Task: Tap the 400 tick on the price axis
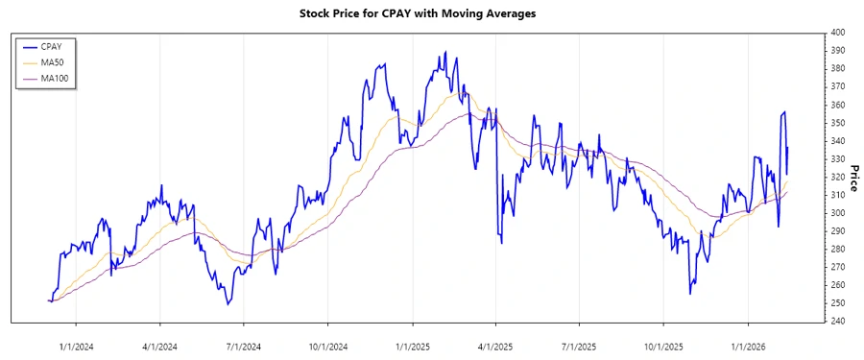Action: [837, 33]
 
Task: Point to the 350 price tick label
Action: [837, 123]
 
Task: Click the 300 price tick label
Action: [837, 213]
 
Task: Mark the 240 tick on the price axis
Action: [837, 322]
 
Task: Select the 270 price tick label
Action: [837, 267]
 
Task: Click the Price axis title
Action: [854, 177]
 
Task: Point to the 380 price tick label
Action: [837, 69]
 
